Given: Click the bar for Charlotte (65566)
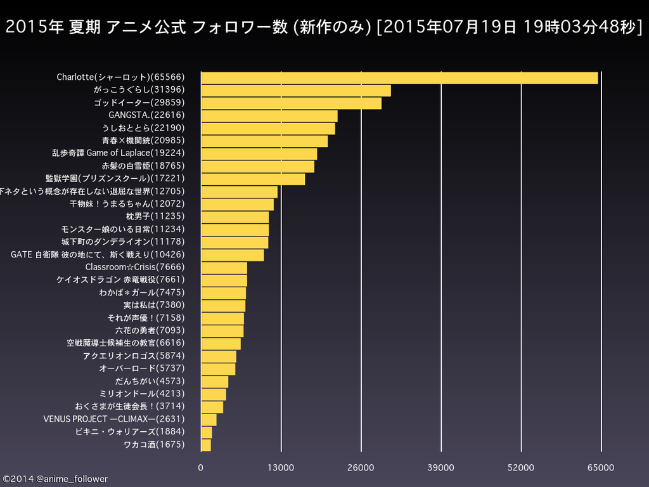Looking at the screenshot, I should tap(399, 77).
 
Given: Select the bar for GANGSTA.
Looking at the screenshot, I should tap(269, 115).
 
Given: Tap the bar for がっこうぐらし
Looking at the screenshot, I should tap(296, 90).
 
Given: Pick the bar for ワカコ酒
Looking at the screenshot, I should tap(206, 445).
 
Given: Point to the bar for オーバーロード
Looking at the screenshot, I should tap(218, 369).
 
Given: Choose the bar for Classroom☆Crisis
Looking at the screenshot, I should tap(224, 268).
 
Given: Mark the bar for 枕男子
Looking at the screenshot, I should tap(235, 217).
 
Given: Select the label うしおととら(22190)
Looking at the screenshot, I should tap(143, 128).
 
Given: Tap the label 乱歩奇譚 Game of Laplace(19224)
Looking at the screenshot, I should tap(119, 153).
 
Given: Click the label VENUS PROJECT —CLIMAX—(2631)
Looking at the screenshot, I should tap(114, 419).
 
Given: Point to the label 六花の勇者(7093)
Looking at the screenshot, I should tap(150, 330).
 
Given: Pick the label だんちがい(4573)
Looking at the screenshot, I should tap(150, 381).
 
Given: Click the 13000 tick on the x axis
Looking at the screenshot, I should tap(281, 468).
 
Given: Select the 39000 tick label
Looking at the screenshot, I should tap(441, 468).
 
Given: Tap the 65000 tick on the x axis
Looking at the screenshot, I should tap(601, 468).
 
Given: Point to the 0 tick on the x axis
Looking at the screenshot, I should tap(201, 468).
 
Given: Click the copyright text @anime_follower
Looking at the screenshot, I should tap(55, 479).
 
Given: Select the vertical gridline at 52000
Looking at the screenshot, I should tap(521, 266).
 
